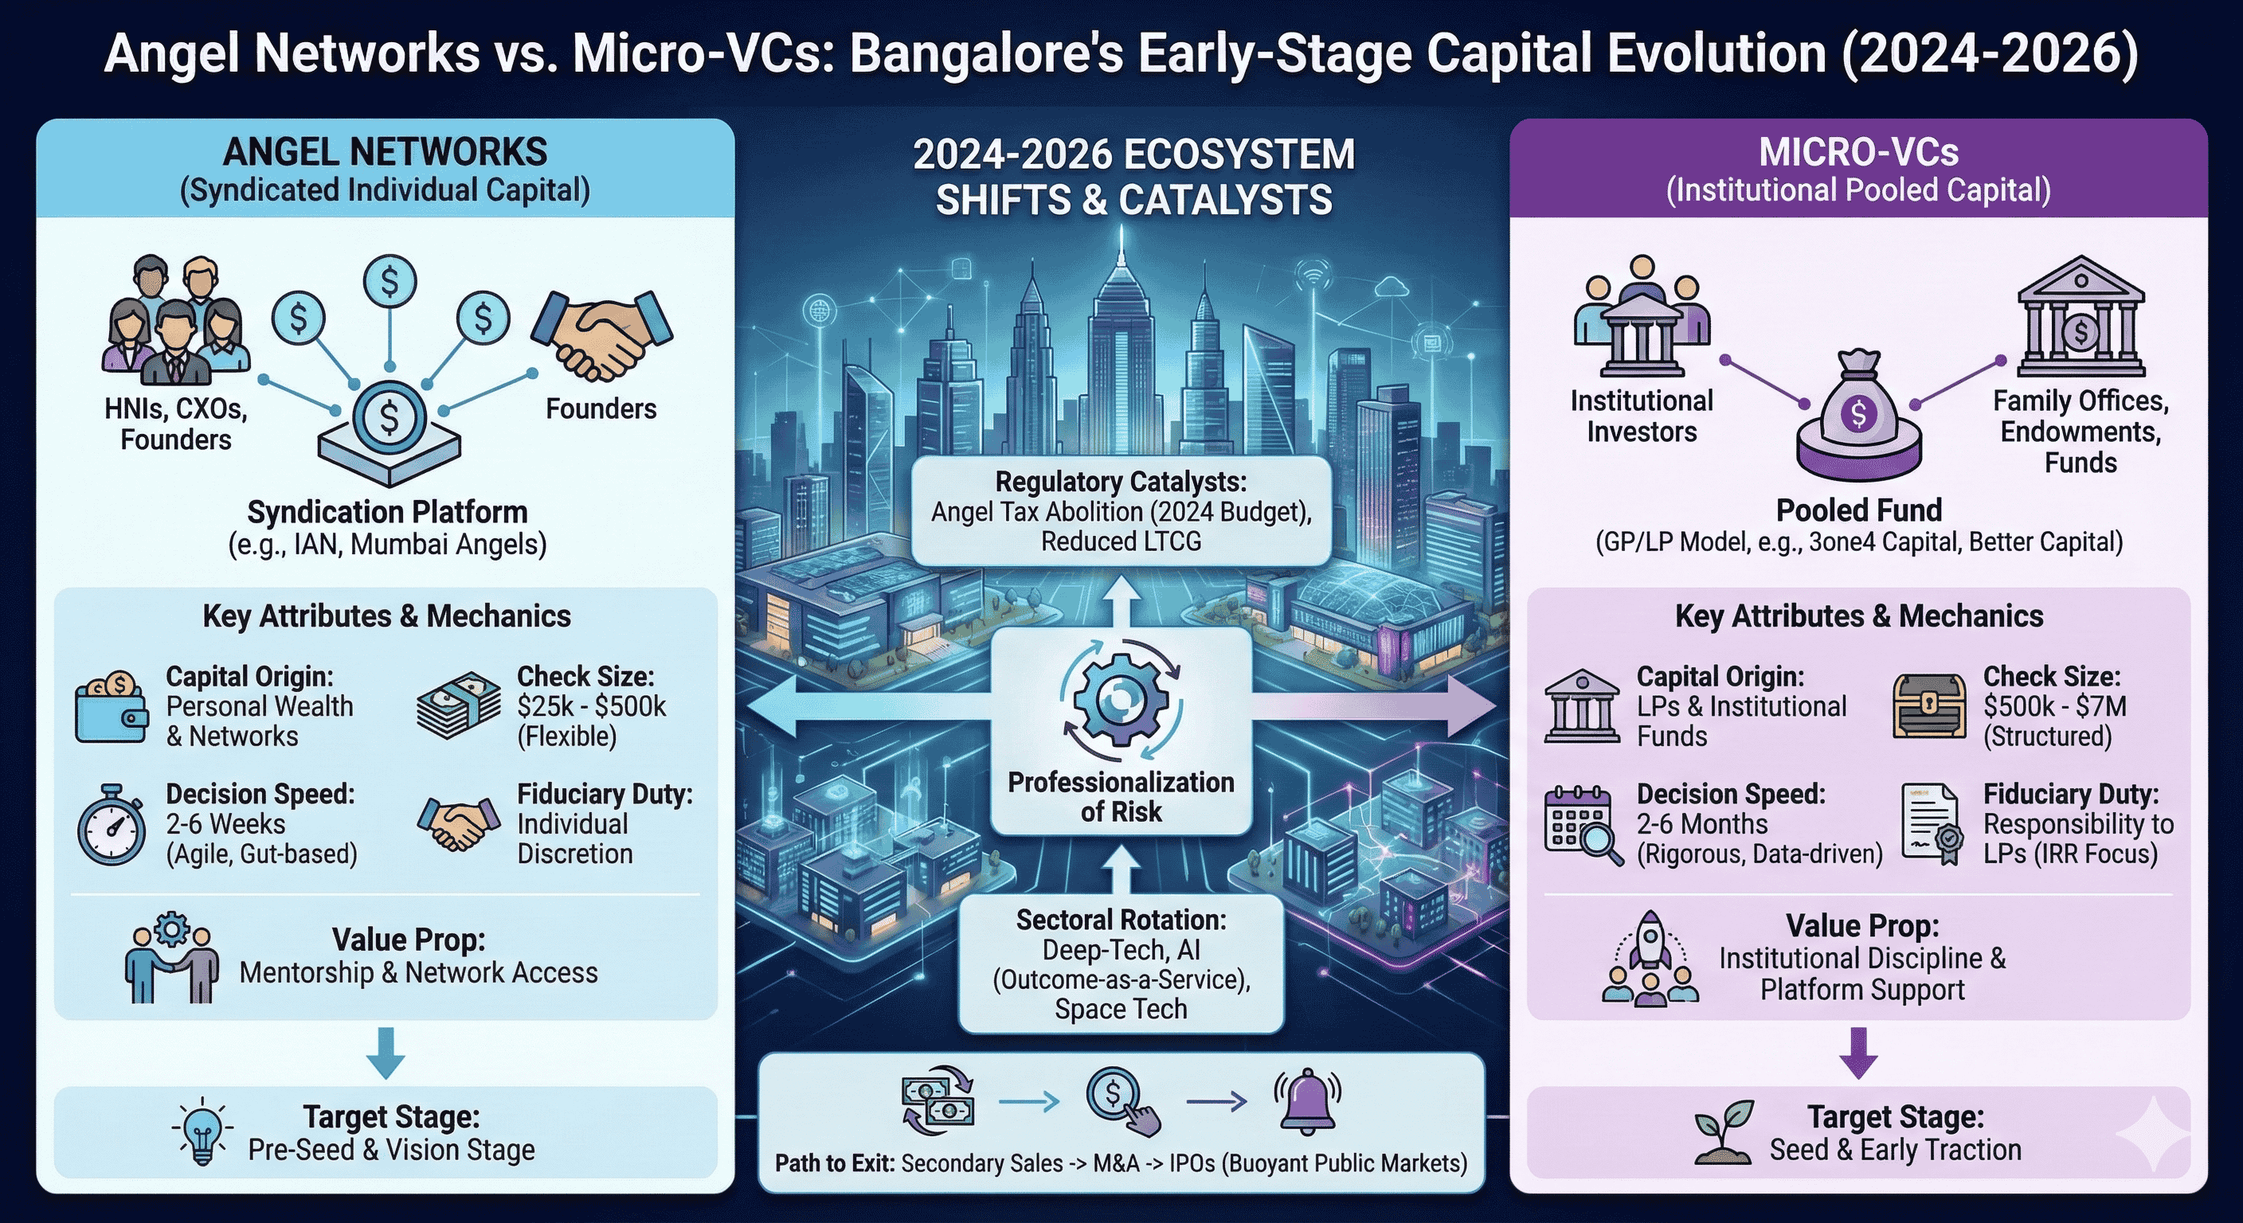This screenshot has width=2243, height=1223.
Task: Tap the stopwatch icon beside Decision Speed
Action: pyautogui.click(x=112, y=825)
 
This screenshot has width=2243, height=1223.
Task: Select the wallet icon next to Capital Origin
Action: pyautogui.click(x=112, y=707)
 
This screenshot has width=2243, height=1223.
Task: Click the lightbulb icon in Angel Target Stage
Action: pyautogui.click(x=202, y=1131)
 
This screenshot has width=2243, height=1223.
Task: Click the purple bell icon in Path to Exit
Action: pyautogui.click(x=1307, y=1102)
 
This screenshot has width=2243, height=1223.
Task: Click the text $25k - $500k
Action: pyautogui.click(x=591, y=706)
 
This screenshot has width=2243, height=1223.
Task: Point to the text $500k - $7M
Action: pyautogui.click(x=2055, y=706)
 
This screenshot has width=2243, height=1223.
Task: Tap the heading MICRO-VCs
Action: pyautogui.click(x=1858, y=152)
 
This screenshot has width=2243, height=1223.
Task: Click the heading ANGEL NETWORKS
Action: pyautogui.click(x=385, y=152)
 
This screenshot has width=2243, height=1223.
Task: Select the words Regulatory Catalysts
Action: pyautogui.click(x=1121, y=482)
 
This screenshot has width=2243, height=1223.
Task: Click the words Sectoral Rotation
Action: pyautogui.click(x=1121, y=920)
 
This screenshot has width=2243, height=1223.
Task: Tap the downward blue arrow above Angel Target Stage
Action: pyautogui.click(x=386, y=1053)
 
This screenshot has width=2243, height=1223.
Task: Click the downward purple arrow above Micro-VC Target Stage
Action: pyautogui.click(x=1858, y=1053)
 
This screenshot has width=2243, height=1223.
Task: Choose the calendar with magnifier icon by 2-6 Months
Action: pyautogui.click(x=1583, y=825)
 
